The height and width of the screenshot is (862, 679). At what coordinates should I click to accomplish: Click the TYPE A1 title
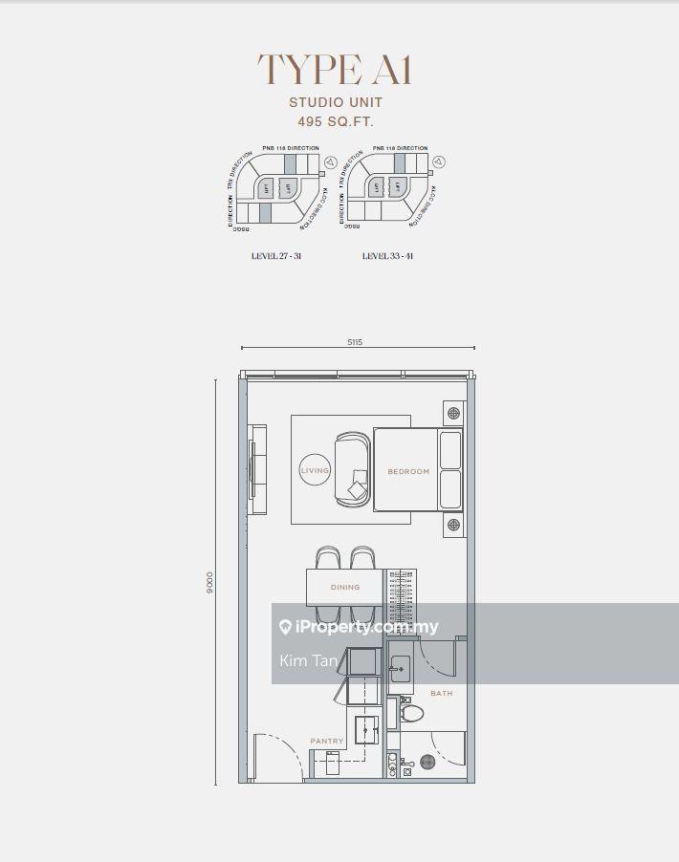point(334,70)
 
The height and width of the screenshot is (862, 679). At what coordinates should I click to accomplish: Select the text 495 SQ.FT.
point(335,122)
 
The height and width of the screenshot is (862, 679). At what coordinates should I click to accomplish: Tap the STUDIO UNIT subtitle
point(336,102)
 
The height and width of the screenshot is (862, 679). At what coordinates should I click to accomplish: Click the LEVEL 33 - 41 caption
point(388,256)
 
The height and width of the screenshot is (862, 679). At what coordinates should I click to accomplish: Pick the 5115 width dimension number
point(355,341)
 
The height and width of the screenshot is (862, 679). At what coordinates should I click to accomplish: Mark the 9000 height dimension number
point(210,582)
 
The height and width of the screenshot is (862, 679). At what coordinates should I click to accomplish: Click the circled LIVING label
point(315,471)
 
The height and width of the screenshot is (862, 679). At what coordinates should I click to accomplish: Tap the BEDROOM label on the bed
point(408,472)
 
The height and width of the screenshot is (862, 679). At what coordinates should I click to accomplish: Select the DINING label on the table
point(345,587)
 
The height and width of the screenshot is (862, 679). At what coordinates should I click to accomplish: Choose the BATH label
point(441,693)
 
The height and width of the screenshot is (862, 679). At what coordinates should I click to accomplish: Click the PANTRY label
point(326,742)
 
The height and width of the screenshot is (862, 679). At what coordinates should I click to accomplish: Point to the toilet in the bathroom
point(412,712)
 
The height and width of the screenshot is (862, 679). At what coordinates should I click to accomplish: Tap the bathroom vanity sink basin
point(402,673)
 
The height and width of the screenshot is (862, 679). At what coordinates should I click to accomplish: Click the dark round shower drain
point(427,762)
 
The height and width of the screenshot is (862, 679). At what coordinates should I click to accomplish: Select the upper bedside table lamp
point(453,414)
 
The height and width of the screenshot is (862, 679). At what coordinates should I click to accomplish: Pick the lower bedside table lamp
point(453,525)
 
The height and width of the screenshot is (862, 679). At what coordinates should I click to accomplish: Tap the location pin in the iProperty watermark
point(285,627)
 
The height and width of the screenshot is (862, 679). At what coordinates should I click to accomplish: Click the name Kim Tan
point(308,660)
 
